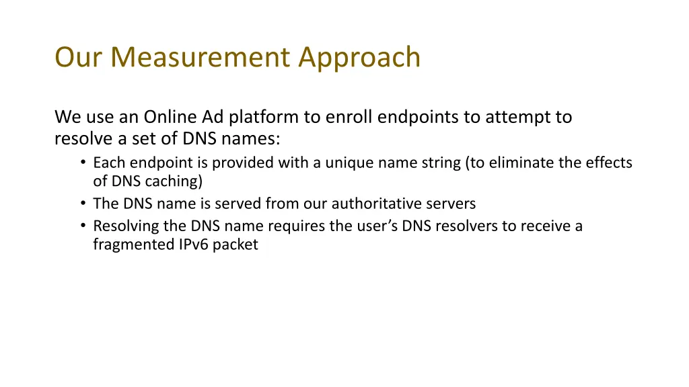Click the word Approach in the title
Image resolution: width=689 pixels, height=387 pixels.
click(360, 57)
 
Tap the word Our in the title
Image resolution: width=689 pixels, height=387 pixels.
click(79, 57)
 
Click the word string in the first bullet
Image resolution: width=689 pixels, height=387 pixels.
click(439, 163)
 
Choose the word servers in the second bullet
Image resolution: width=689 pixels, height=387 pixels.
click(451, 204)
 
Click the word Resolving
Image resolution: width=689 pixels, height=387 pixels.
click(125, 226)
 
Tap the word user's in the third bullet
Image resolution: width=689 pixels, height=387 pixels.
click(378, 226)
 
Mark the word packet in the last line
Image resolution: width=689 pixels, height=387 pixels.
click(236, 245)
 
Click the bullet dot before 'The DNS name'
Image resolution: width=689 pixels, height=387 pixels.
click(81, 204)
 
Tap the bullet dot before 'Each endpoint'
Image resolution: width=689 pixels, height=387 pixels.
click(81, 163)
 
